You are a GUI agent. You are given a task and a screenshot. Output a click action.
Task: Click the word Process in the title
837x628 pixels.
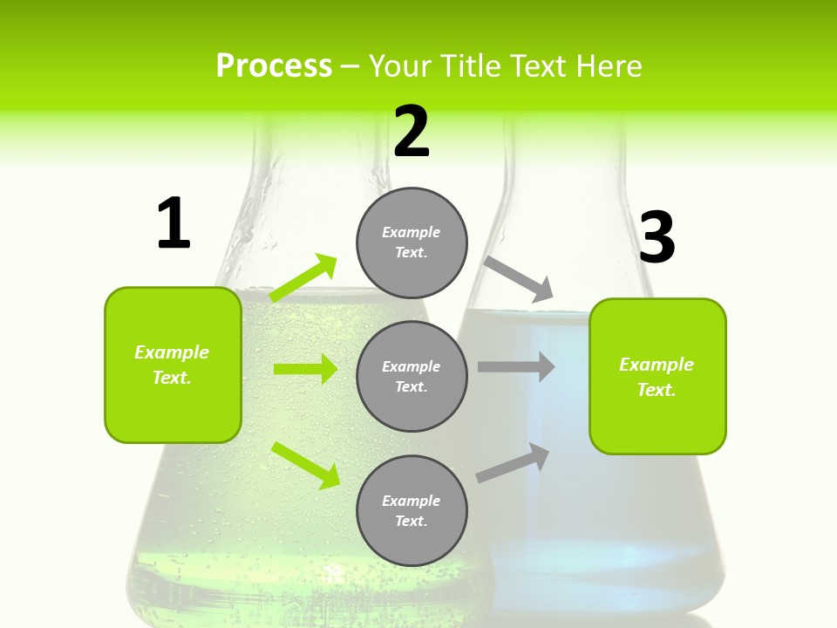[x=274, y=66]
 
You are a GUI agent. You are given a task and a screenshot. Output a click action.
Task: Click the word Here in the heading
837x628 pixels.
[x=608, y=66]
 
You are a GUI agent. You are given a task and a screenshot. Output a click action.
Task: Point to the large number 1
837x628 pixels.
[x=174, y=224]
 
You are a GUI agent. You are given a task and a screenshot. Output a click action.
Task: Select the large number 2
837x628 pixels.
[x=412, y=132]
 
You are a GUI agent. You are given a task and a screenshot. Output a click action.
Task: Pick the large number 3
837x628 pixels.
[x=657, y=238]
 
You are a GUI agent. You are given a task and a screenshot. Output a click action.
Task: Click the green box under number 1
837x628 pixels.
[x=173, y=365]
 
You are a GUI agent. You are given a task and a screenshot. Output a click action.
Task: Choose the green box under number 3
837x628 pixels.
[x=657, y=376]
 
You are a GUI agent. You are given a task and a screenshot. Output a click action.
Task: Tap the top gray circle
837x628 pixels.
[x=412, y=242]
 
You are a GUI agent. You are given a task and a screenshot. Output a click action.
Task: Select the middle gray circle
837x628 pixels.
[x=412, y=376]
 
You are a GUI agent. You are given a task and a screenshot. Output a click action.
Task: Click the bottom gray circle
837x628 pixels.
[x=412, y=510]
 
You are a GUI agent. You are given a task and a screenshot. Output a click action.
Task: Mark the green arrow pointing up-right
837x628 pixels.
[x=303, y=278]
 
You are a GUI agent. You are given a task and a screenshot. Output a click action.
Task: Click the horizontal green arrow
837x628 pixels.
[x=305, y=369]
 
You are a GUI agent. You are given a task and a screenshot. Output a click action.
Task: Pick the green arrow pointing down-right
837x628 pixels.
[x=305, y=465]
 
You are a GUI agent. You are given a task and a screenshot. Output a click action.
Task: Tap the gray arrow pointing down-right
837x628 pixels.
[x=519, y=279]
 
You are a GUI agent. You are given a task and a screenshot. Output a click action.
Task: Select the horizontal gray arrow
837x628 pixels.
[x=516, y=367]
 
